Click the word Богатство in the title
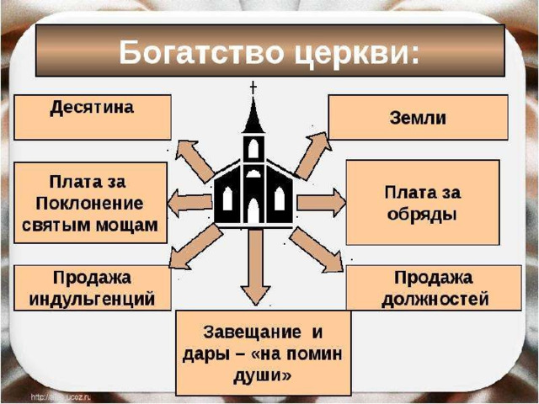coord(202,52)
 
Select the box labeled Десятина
coord(93,118)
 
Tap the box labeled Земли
coord(419,118)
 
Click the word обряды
coord(422,215)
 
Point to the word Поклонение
coord(90,204)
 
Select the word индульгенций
coord(92,300)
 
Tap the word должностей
coord(435,300)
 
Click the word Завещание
coord(252,332)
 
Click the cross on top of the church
coord(253,88)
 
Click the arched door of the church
coord(253,210)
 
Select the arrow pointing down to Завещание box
coord(255,267)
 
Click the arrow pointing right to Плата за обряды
coord(322,203)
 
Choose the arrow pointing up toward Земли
coord(313,156)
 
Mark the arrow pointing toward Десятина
coord(195,161)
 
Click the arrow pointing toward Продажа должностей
coord(317,250)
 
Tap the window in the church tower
coord(253,148)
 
